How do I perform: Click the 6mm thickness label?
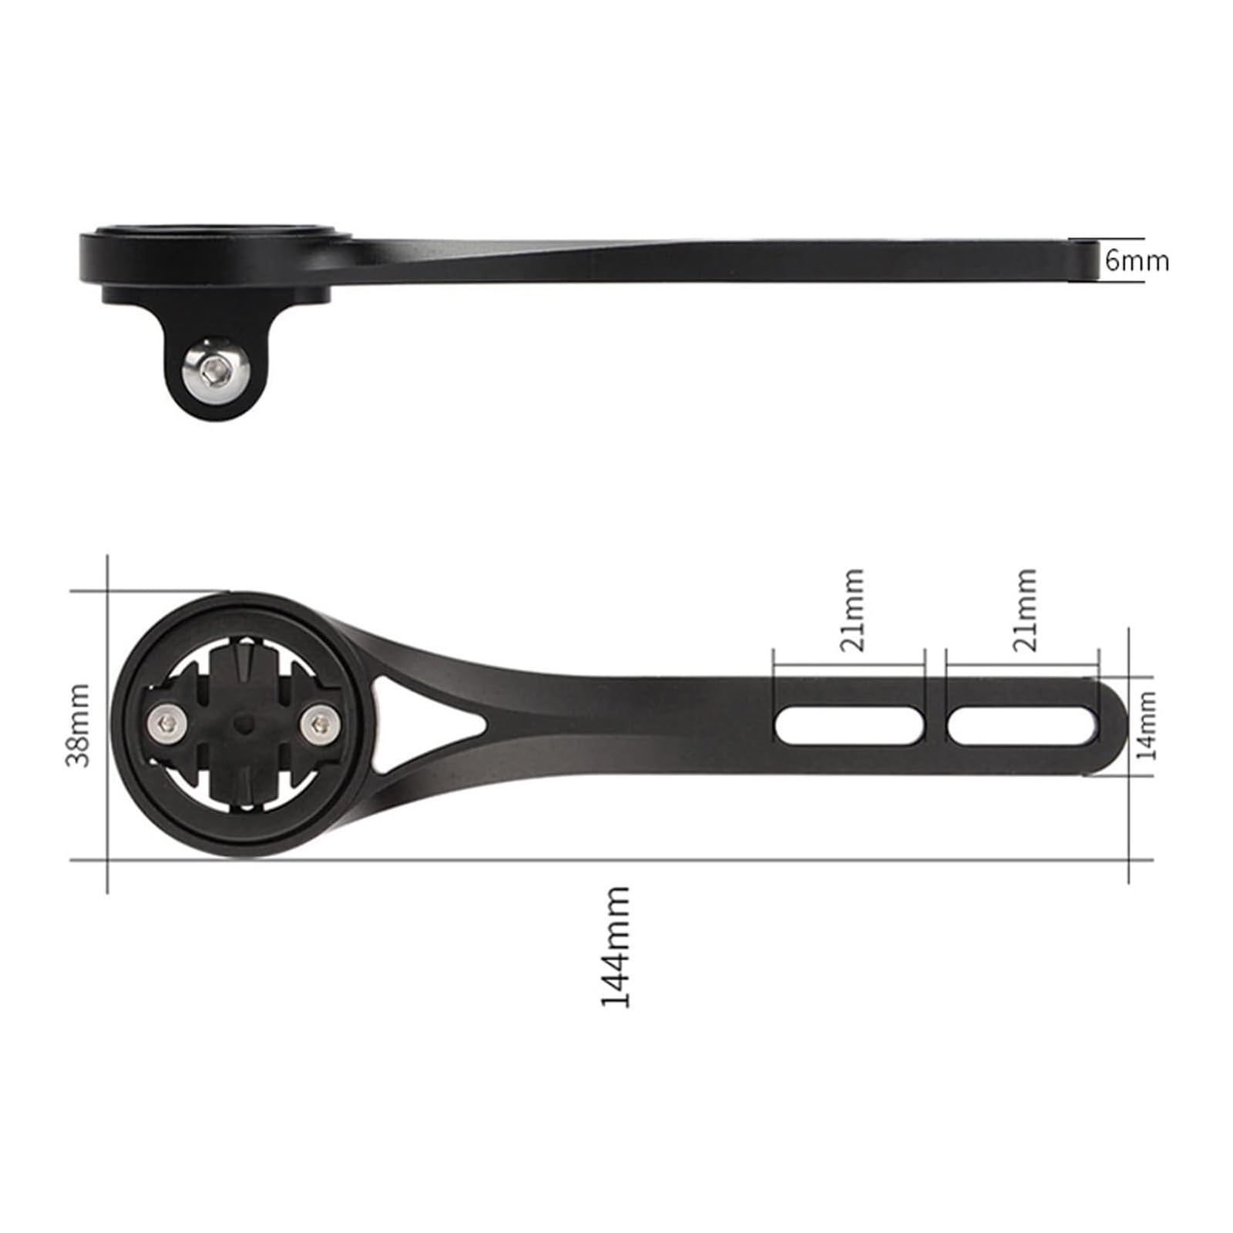click(x=1137, y=260)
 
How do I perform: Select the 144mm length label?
click(x=616, y=946)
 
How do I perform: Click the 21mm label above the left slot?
click(x=852, y=610)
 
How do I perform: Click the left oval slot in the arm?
click(x=849, y=726)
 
